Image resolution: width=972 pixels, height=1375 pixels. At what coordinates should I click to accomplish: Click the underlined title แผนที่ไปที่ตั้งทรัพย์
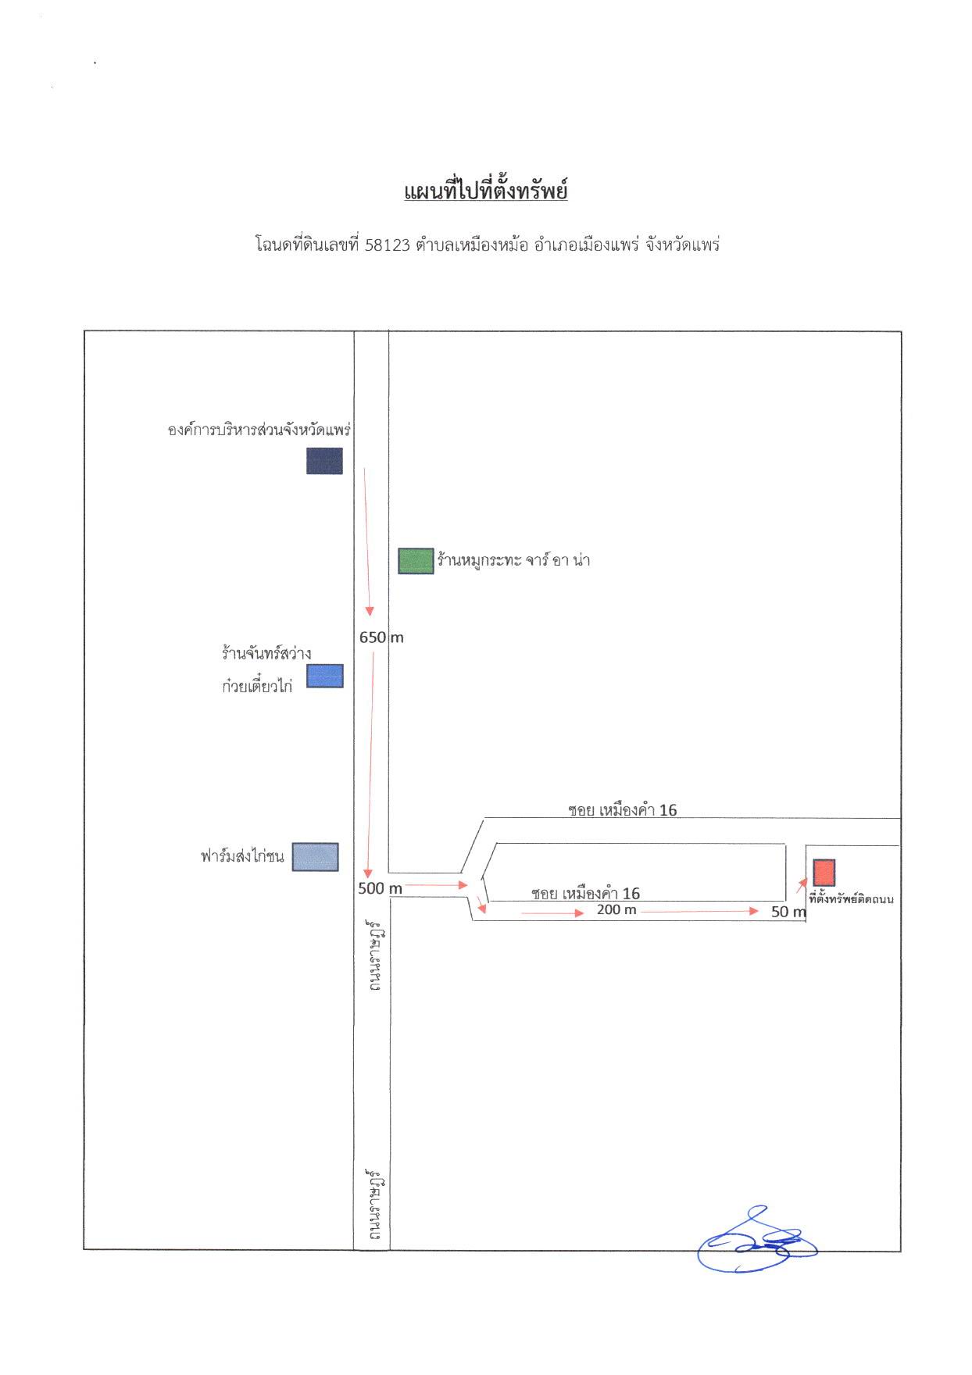click(485, 191)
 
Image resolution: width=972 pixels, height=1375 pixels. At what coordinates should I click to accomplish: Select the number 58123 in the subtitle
click(388, 245)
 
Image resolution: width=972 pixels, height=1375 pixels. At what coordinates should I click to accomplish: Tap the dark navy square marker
click(324, 461)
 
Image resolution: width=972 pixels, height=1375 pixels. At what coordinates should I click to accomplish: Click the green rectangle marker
click(416, 561)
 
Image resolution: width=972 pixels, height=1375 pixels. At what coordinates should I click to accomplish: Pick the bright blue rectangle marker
click(324, 676)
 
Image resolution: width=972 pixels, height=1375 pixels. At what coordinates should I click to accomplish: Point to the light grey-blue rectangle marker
click(316, 857)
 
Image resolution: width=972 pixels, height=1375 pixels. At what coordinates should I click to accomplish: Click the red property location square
click(824, 873)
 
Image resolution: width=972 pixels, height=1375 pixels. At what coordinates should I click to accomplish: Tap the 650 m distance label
click(381, 637)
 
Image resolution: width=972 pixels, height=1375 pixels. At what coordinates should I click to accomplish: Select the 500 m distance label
click(381, 888)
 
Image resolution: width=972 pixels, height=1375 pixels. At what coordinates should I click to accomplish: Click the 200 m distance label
click(616, 910)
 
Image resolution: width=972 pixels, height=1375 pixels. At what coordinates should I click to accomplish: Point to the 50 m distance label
click(788, 912)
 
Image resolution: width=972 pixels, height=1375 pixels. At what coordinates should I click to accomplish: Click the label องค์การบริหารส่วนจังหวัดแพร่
click(259, 430)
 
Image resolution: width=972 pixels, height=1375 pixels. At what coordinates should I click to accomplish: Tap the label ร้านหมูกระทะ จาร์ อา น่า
click(513, 560)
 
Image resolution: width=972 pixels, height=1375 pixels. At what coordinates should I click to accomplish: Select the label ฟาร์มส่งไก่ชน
click(242, 856)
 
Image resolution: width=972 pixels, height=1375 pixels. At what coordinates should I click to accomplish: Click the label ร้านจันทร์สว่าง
click(266, 653)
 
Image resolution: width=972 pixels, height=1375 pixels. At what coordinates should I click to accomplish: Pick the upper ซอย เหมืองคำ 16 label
click(623, 810)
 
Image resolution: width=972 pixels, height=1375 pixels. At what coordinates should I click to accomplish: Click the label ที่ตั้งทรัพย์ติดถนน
click(852, 899)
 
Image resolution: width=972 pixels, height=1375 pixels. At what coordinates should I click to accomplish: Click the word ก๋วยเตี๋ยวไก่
click(257, 687)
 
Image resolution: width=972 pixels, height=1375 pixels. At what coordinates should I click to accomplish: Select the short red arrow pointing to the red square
click(802, 885)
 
